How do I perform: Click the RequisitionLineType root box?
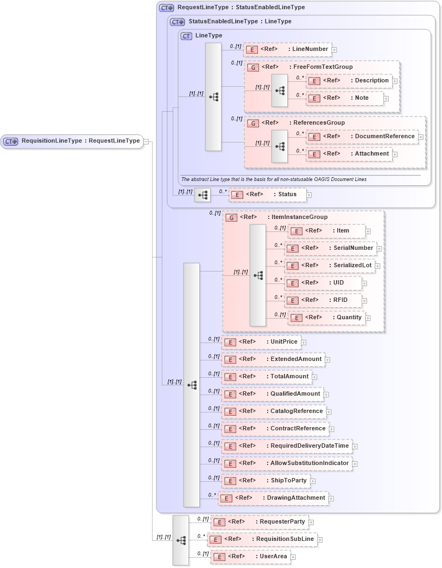point(72,141)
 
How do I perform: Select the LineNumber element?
point(287,49)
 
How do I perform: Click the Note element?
point(345,98)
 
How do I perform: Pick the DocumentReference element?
point(362,137)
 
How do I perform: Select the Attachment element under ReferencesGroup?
point(350,154)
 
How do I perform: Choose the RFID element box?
point(323,300)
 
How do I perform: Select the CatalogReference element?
point(274,411)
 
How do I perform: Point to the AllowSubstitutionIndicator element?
point(286,463)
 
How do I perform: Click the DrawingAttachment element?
point(273,498)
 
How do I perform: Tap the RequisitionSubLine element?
point(263,539)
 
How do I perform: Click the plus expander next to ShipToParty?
point(313,481)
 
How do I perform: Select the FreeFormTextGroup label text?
point(321,67)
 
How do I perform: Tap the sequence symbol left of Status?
point(203,195)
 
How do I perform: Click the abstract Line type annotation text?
point(274,179)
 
